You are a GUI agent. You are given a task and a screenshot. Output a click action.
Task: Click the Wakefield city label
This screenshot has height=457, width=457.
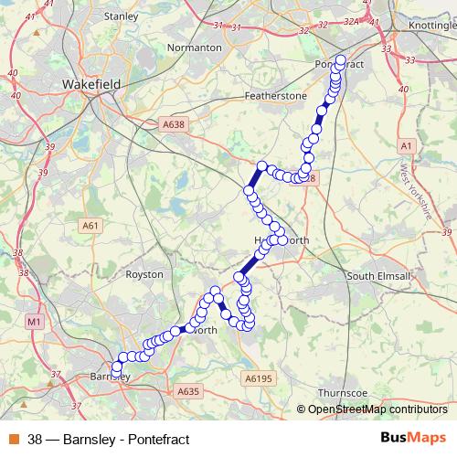point(92,83)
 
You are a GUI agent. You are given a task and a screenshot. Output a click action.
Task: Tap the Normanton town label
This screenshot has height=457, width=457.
point(195,47)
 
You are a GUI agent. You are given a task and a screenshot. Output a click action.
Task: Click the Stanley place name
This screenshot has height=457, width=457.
point(122,16)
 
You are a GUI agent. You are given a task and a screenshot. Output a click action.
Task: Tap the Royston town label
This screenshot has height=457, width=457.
point(144,273)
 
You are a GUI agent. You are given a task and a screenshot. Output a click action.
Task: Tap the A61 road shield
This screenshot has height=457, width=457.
point(90,225)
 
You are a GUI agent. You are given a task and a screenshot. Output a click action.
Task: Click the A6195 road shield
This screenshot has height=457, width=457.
point(259,377)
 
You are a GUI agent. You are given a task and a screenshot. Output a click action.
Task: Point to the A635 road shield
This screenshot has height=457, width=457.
point(188,391)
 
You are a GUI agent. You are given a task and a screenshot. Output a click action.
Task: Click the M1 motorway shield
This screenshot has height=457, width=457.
point(35,322)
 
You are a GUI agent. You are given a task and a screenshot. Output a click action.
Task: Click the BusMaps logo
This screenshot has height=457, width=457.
point(412,438)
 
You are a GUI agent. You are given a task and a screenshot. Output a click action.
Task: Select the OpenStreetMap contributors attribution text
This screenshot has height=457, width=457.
point(377,409)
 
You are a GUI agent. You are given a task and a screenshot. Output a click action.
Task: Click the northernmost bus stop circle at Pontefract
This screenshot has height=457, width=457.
point(341,61)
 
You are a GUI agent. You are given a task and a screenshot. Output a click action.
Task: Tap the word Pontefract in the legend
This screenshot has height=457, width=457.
point(157,440)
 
